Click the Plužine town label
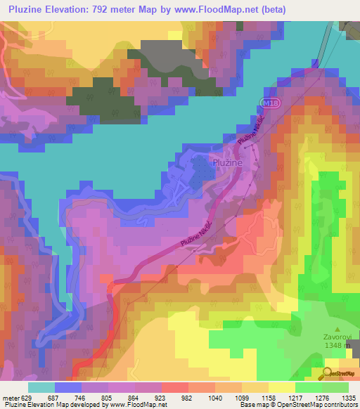[226, 162]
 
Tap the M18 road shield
[265, 103]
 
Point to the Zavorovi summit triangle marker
[337, 327]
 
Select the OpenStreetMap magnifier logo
[328, 373]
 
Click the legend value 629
[27, 398]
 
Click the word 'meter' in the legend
[11, 398]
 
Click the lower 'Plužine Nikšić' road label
[196, 238]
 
